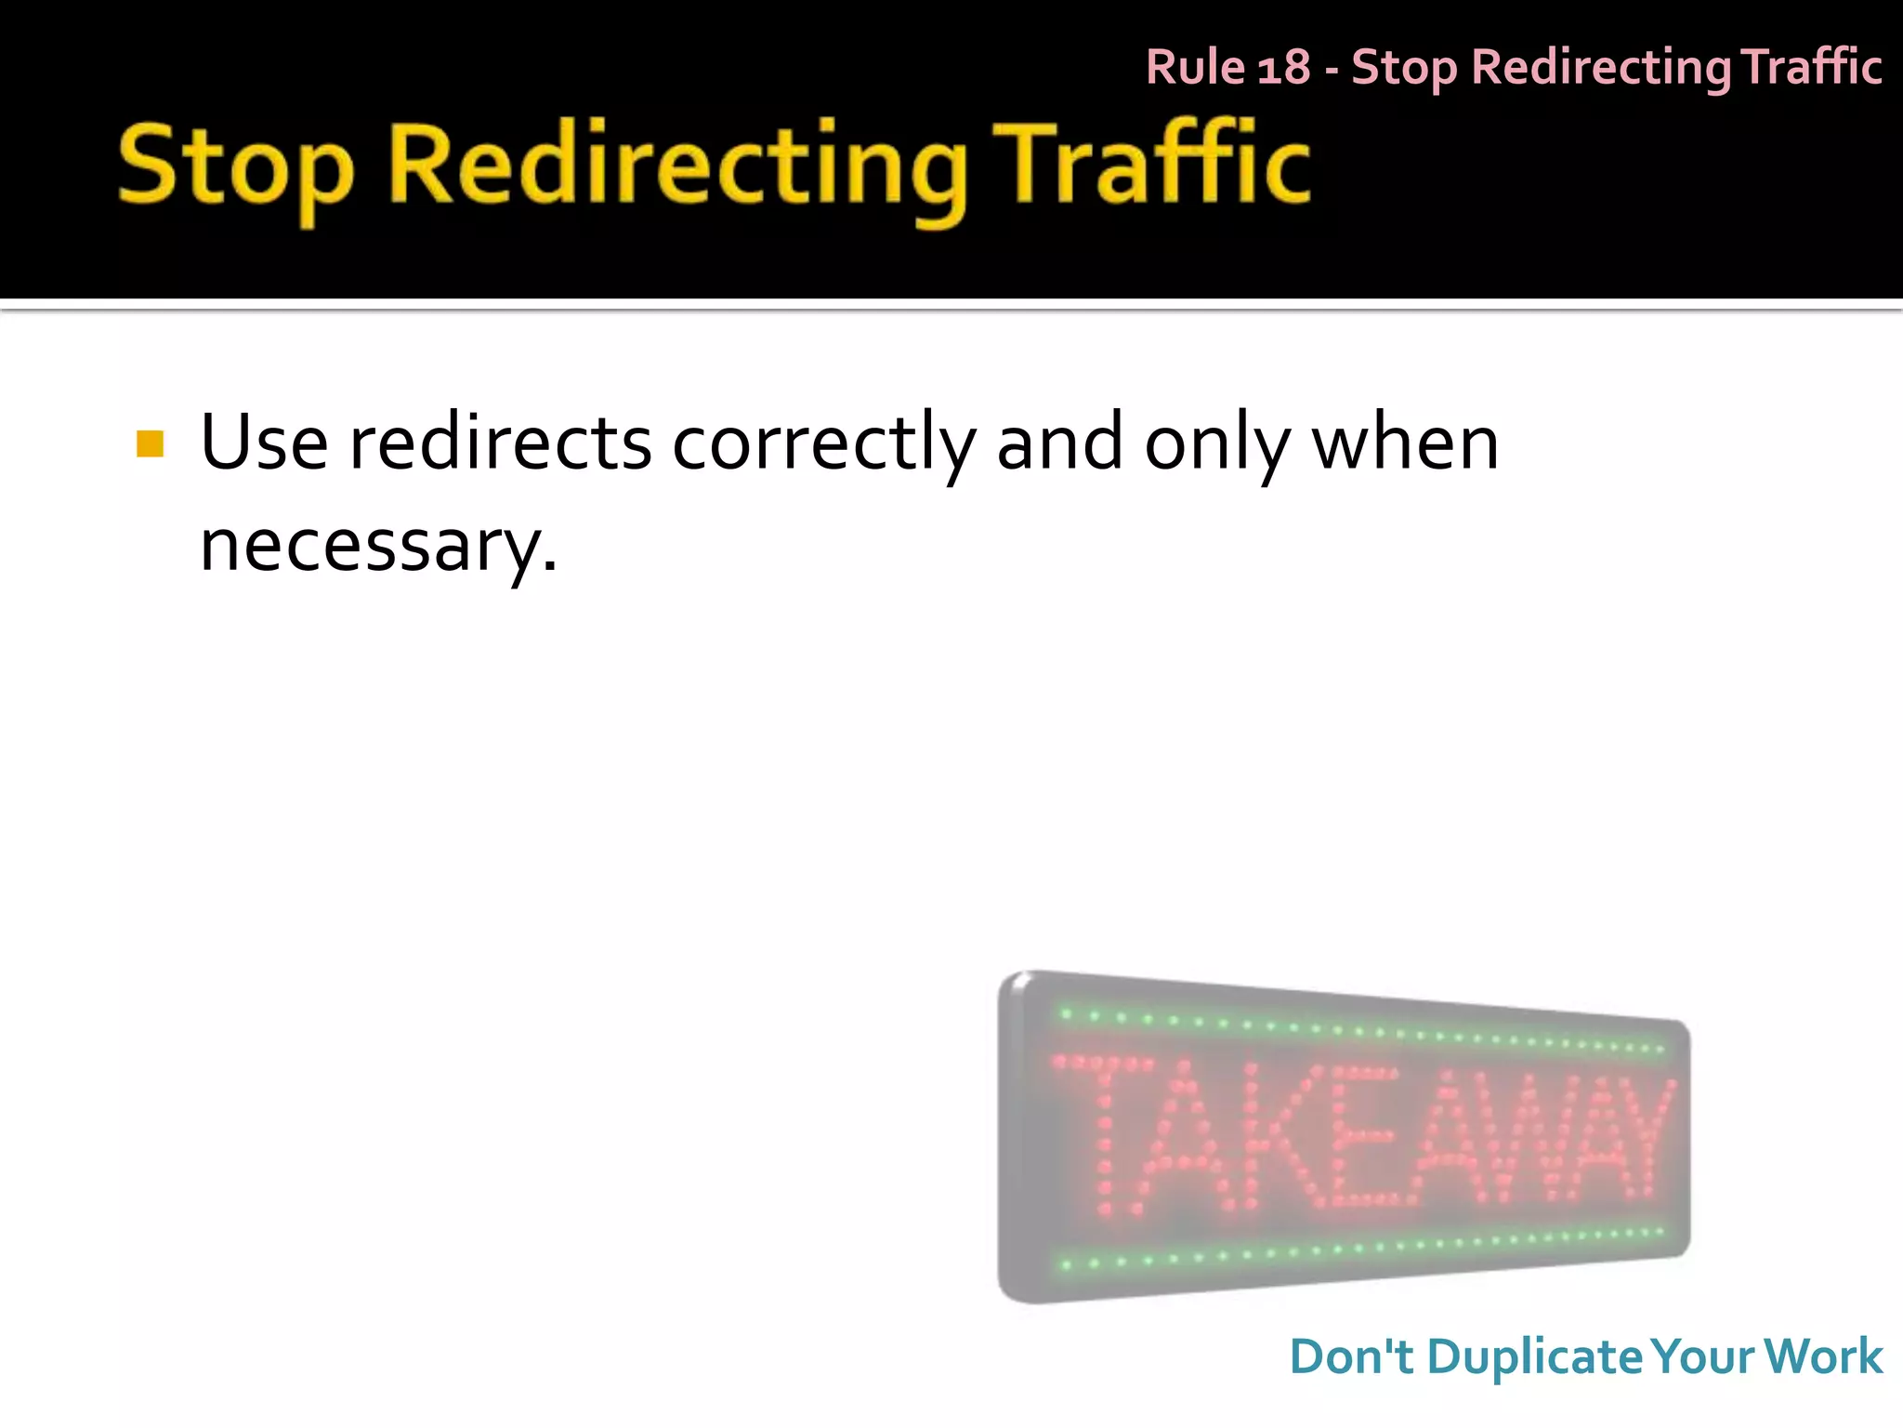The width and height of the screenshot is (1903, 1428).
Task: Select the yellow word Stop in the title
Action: (x=235, y=167)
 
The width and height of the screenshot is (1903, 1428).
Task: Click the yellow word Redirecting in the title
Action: (x=677, y=167)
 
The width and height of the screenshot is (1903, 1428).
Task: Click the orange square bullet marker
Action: (x=150, y=443)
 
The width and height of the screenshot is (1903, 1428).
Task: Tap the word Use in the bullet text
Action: (x=264, y=443)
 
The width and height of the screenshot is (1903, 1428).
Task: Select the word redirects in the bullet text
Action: (x=500, y=443)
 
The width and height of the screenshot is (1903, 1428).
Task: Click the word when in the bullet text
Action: (x=1405, y=443)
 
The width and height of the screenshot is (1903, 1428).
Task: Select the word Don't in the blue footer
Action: (x=1351, y=1356)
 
